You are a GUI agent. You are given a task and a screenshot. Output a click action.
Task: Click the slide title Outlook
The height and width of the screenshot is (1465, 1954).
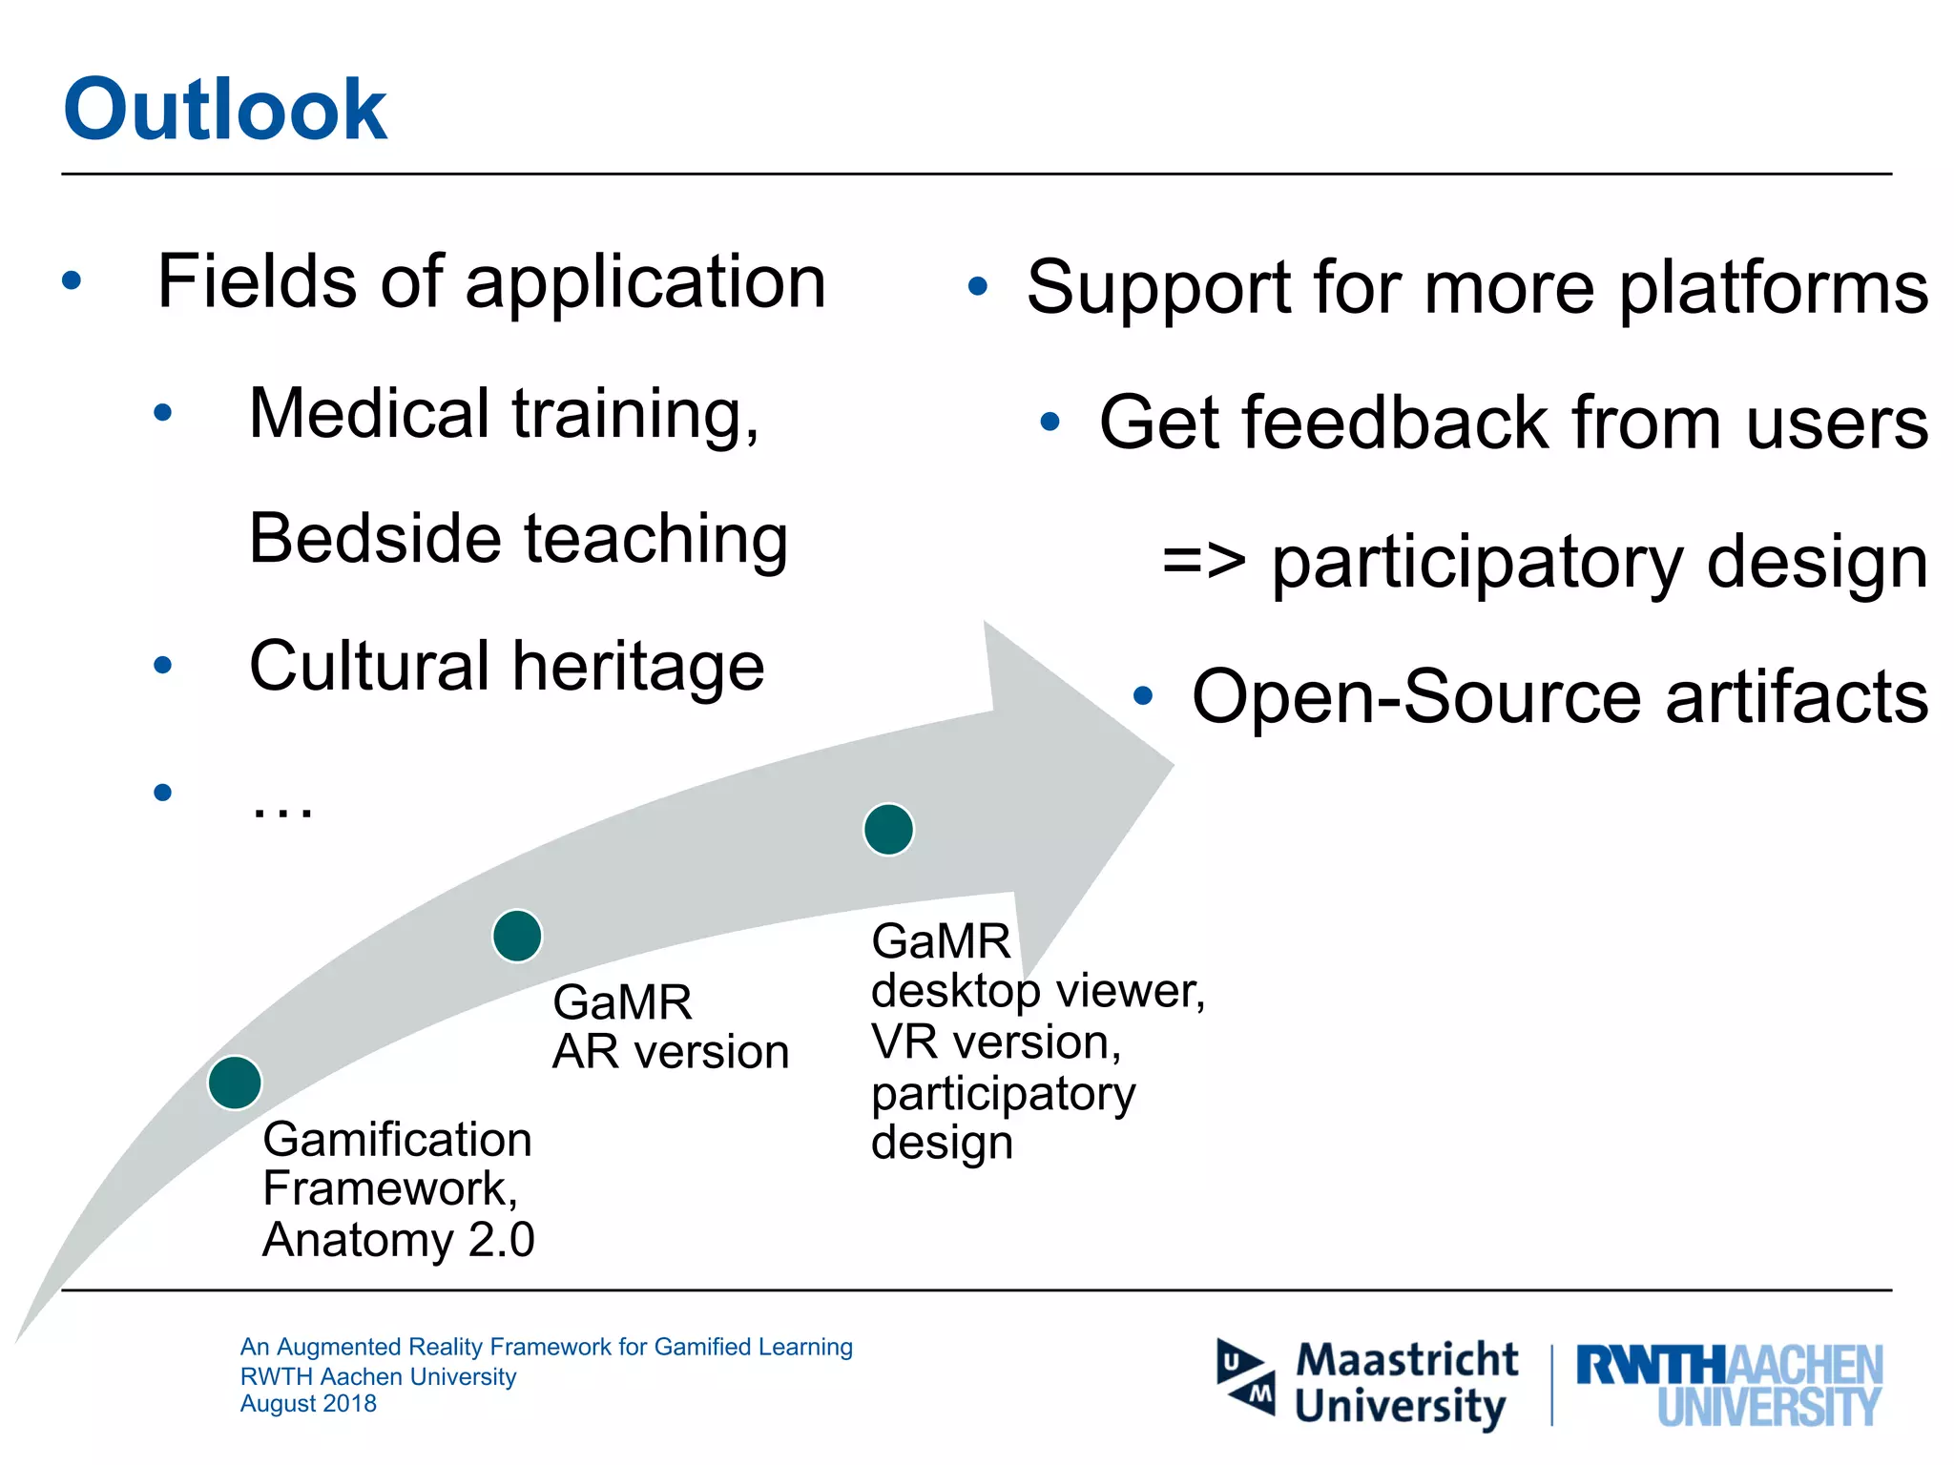point(225,110)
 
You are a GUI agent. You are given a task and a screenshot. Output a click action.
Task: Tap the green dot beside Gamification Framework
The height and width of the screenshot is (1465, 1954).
point(235,1083)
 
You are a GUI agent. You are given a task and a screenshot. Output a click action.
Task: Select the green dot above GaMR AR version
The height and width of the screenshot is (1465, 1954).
point(517,936)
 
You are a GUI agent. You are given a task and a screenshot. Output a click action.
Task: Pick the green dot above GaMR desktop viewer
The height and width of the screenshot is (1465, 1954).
point(888,829)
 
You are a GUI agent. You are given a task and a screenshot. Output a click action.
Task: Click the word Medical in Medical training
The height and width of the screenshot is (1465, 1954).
point(369,414)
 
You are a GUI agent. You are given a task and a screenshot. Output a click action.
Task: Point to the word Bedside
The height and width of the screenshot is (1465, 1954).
point(375,539)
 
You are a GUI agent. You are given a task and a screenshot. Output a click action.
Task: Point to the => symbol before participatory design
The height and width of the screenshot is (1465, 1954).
point(1203,562)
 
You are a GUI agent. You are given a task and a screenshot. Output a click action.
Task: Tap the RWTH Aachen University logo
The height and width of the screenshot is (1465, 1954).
point(1729,1385)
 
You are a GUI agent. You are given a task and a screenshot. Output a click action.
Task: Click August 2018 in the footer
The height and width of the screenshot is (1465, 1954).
point(308,1404)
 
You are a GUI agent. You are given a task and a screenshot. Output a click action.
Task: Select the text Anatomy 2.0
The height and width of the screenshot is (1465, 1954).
point(398,1240)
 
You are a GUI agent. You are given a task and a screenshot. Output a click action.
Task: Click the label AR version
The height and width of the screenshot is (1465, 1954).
point(670,1052)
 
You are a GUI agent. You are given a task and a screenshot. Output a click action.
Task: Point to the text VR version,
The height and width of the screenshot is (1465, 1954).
point(995,1042)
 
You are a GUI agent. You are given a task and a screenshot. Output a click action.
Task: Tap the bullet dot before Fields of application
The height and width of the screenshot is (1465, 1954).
point(72,281)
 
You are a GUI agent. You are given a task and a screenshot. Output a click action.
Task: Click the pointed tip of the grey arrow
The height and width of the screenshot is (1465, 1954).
point(1171,764)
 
